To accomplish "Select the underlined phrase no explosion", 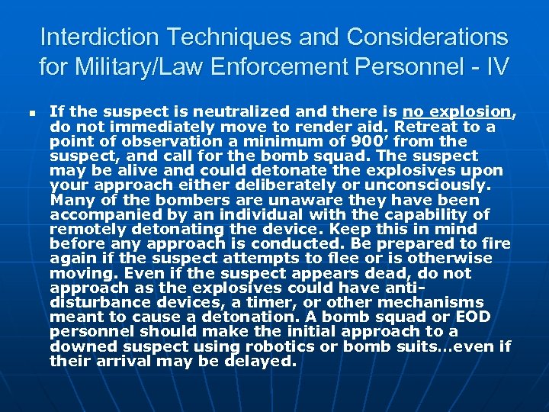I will (x=458, y=112).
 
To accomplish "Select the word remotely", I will (x=87, y=229).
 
